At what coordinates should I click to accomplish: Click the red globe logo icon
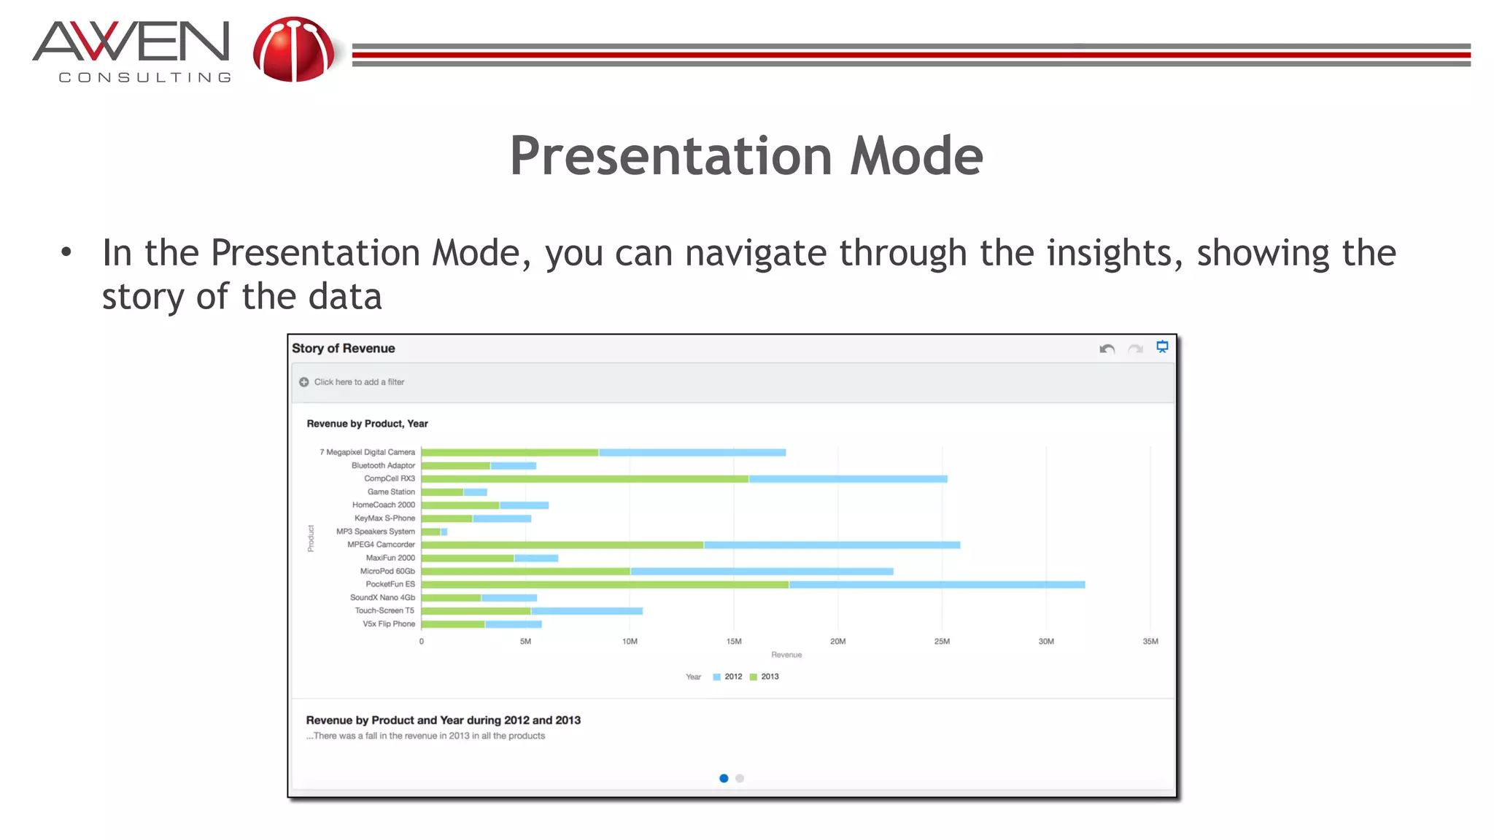coord(293,50)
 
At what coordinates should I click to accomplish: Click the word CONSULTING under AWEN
coord(144,77)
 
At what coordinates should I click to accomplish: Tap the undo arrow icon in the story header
coord(1107,349)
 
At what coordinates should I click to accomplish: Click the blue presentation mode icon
coord(1162,347)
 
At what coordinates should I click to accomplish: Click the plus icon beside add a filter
coord(304,382)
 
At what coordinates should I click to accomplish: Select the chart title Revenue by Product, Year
coord(367,424)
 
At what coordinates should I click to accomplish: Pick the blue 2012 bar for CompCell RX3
coord(848,479)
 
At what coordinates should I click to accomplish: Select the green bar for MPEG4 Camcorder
coord(562,545)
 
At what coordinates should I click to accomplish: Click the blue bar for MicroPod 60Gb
coord(762,572)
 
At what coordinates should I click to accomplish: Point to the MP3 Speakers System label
coord(375,532)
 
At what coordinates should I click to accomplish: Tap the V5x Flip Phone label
coord(389,624)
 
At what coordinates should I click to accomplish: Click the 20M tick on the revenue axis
coord(837,642)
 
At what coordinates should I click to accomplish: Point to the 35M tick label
coord(1150,642)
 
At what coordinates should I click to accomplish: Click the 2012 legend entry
coord(728,677)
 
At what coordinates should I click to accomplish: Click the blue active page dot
coord(724,778)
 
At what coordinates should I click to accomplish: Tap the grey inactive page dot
coord(740,778)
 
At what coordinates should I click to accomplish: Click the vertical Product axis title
coord(311,538)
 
